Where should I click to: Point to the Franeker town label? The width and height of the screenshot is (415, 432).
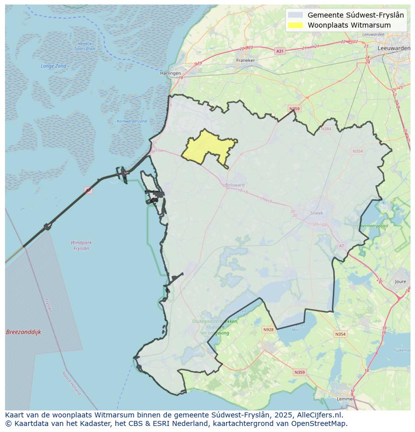pyautogui.click(x=245, y=60)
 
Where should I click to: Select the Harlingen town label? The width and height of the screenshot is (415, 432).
pyautogui.click(x=170, y=73)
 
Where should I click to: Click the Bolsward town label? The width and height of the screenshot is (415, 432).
pyautogui.click(x=235, y=185)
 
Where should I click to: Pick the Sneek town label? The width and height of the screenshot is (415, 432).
pyautogui.click(x=317, y=213)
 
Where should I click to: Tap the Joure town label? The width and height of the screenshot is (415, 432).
pyautogui.click(x=400, y=282)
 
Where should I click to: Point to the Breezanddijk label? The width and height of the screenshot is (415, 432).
pyautogui.click(x=24, y=332)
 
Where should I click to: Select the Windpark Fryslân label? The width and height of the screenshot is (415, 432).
pyautogui.click(x=81, y=245)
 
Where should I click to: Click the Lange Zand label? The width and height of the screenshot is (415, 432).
pyautogui.click(x=54, y=66)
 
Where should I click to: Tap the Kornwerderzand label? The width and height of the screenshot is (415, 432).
pyautogui.click(x=132, y=121)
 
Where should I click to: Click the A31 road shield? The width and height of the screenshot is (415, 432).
pyautogui.click(x=280, y=51)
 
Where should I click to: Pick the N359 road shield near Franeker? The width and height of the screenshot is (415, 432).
pyautogui.click(x=294, y=109)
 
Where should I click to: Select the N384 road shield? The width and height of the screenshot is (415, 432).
pyautogui.click(x=327, y=129)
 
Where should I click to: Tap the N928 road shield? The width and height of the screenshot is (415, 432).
pyautogui.click(x=269, y=330)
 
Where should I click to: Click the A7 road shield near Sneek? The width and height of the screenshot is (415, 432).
pyautogui.click(x=342, y=246)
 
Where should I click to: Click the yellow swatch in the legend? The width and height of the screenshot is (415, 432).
pyautogui.click(x=296, y=25)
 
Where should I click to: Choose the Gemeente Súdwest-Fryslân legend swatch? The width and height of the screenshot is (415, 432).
pyautogui.click(x=296, y=15)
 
